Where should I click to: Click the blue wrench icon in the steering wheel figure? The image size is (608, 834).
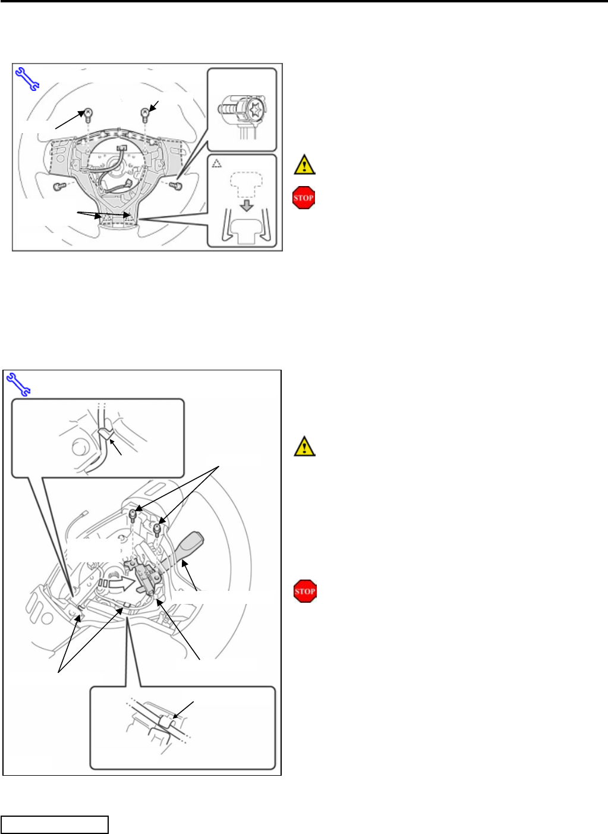click(x=27, y=79)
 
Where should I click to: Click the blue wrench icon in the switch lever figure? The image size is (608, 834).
click(x=18, y=384)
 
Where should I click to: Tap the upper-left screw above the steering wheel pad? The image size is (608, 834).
click(x=88, y=115)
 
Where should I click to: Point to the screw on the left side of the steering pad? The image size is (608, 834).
click(x=59, y=185)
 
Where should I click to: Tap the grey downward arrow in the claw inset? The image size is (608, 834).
click(x=247, y=206)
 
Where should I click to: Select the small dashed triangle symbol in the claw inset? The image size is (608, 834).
click(x=217, y=163)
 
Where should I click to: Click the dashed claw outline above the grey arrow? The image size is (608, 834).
click(x=245, y=184)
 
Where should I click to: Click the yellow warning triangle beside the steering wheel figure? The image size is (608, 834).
click(x=304, y=164)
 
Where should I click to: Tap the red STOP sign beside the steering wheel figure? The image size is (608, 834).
click(x=304, y=197)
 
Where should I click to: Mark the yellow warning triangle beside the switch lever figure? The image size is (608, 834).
click(x=304, y=446)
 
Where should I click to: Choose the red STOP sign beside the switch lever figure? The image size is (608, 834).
click(x=305, y=591)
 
